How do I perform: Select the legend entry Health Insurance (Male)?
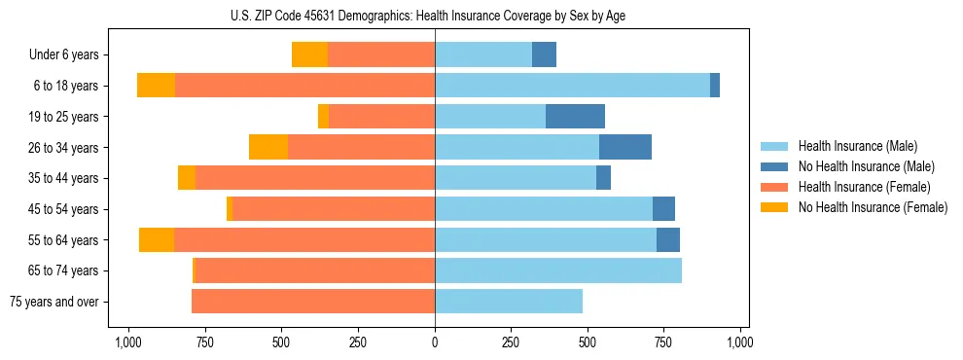[x=856, y=146]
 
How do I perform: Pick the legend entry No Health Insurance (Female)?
[x=873, y=207]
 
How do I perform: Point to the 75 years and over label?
[x=54, y=302]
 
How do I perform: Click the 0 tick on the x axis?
[x=435, y=342]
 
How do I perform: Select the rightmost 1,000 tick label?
[x=740, y=342]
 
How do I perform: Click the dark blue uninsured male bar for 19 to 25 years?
[x=575, y=117]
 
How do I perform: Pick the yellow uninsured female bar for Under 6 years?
[x=309, y=55]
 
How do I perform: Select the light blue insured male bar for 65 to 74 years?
[x=558, y=270]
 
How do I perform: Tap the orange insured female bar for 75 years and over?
[x=313, y=302]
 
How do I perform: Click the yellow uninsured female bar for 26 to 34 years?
[x=268, y=148]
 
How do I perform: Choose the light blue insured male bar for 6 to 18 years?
[x=572, y=86]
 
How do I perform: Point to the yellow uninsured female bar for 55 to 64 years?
[x=157, y=240]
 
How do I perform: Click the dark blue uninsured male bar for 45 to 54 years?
[x=663, y=209]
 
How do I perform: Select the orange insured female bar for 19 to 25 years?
[x=381, y=117]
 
